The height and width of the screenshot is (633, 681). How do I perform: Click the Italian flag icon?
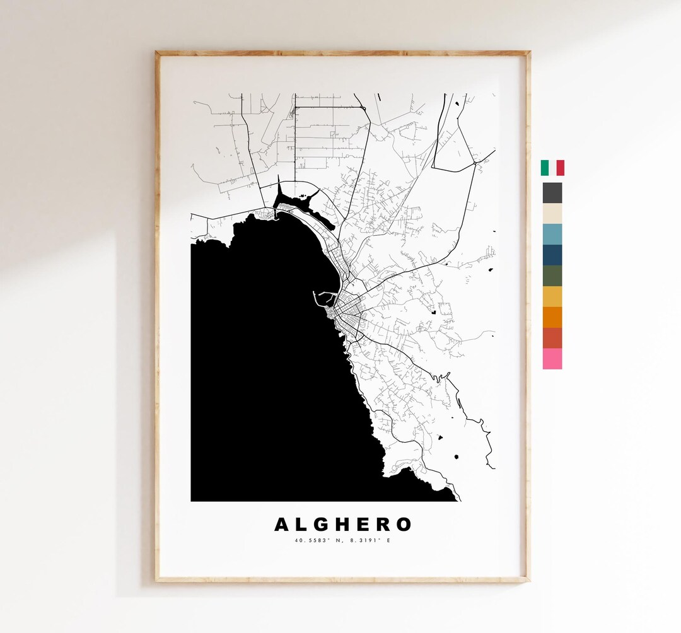(x=552, y=168)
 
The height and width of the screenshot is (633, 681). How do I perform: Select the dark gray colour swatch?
(x=552, y=192)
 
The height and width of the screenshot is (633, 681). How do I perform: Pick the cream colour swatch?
(x=552, y=213)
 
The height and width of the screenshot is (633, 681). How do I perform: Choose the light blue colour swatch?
(x=552, y=234)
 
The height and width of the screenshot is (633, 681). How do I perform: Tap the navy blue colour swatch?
(x=552, y=255)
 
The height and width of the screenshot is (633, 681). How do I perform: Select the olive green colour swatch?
(x=552, y=276)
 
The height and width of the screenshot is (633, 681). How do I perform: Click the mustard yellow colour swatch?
(x=552, y=296)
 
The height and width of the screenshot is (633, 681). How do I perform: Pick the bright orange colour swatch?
(x=552, y=317)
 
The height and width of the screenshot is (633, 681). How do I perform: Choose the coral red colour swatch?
(x=552, y=338)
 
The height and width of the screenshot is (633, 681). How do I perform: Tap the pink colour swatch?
(x=552, y=359)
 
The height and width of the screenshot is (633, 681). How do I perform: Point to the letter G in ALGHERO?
(x=322, y=525)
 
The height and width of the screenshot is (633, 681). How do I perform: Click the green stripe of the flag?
(x=545, y=168)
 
